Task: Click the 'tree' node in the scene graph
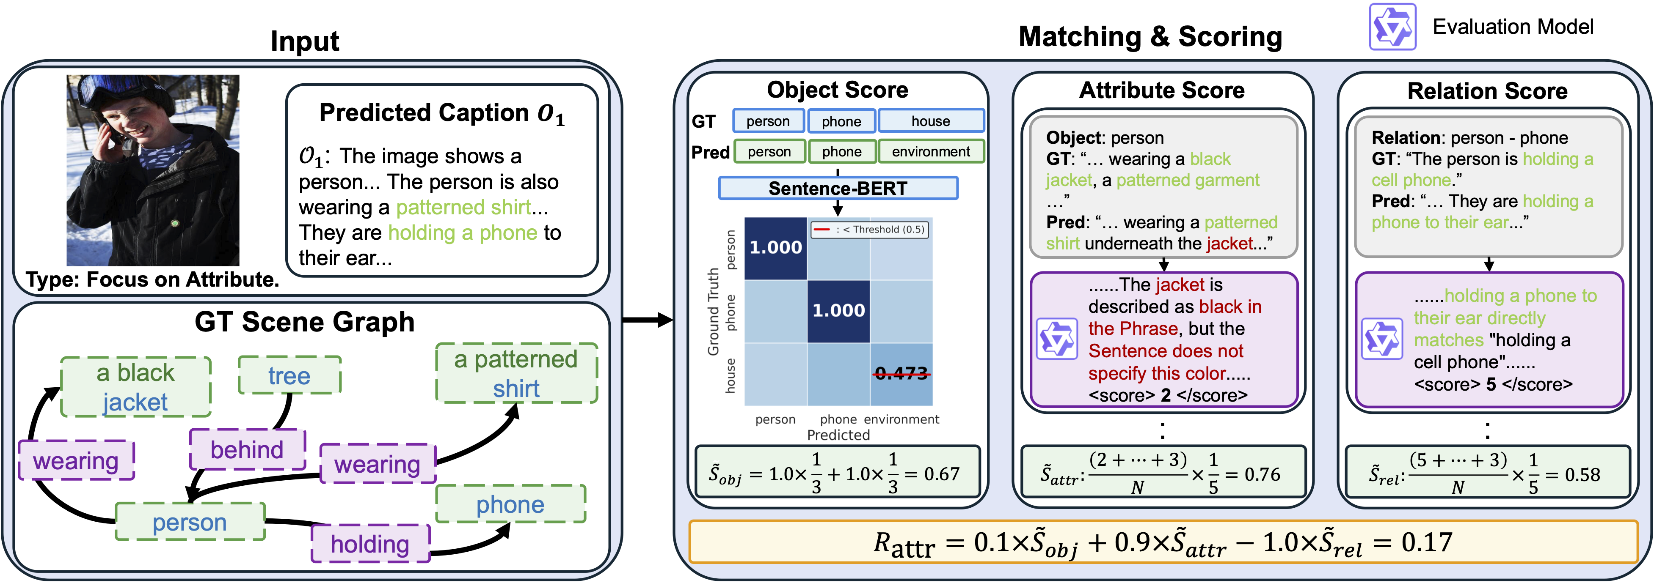pyautogui.click(x=289, y=375)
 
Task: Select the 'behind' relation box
pyautogui.click(x=247, y=449)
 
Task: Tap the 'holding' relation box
pyautogui.click(x=370, y=544)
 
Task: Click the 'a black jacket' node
pyautogui.click(x=135, y=387)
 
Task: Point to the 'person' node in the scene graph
pyautogui.click(x=190, y=521)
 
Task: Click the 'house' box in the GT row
pyautogui.click(x=931, y=120)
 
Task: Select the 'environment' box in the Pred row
pyautogui.click(x=931, y=151)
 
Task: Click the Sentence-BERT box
pyautogui.click(x=838, y=188)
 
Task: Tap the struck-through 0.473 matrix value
pyautogui.click(x=901, y=373)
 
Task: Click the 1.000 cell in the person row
pyautogui.click(x=776, y=248)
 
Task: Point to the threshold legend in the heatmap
pyautogui.click(x=869, y=230)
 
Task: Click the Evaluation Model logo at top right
pyautogui.click(x=1392, y=27)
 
